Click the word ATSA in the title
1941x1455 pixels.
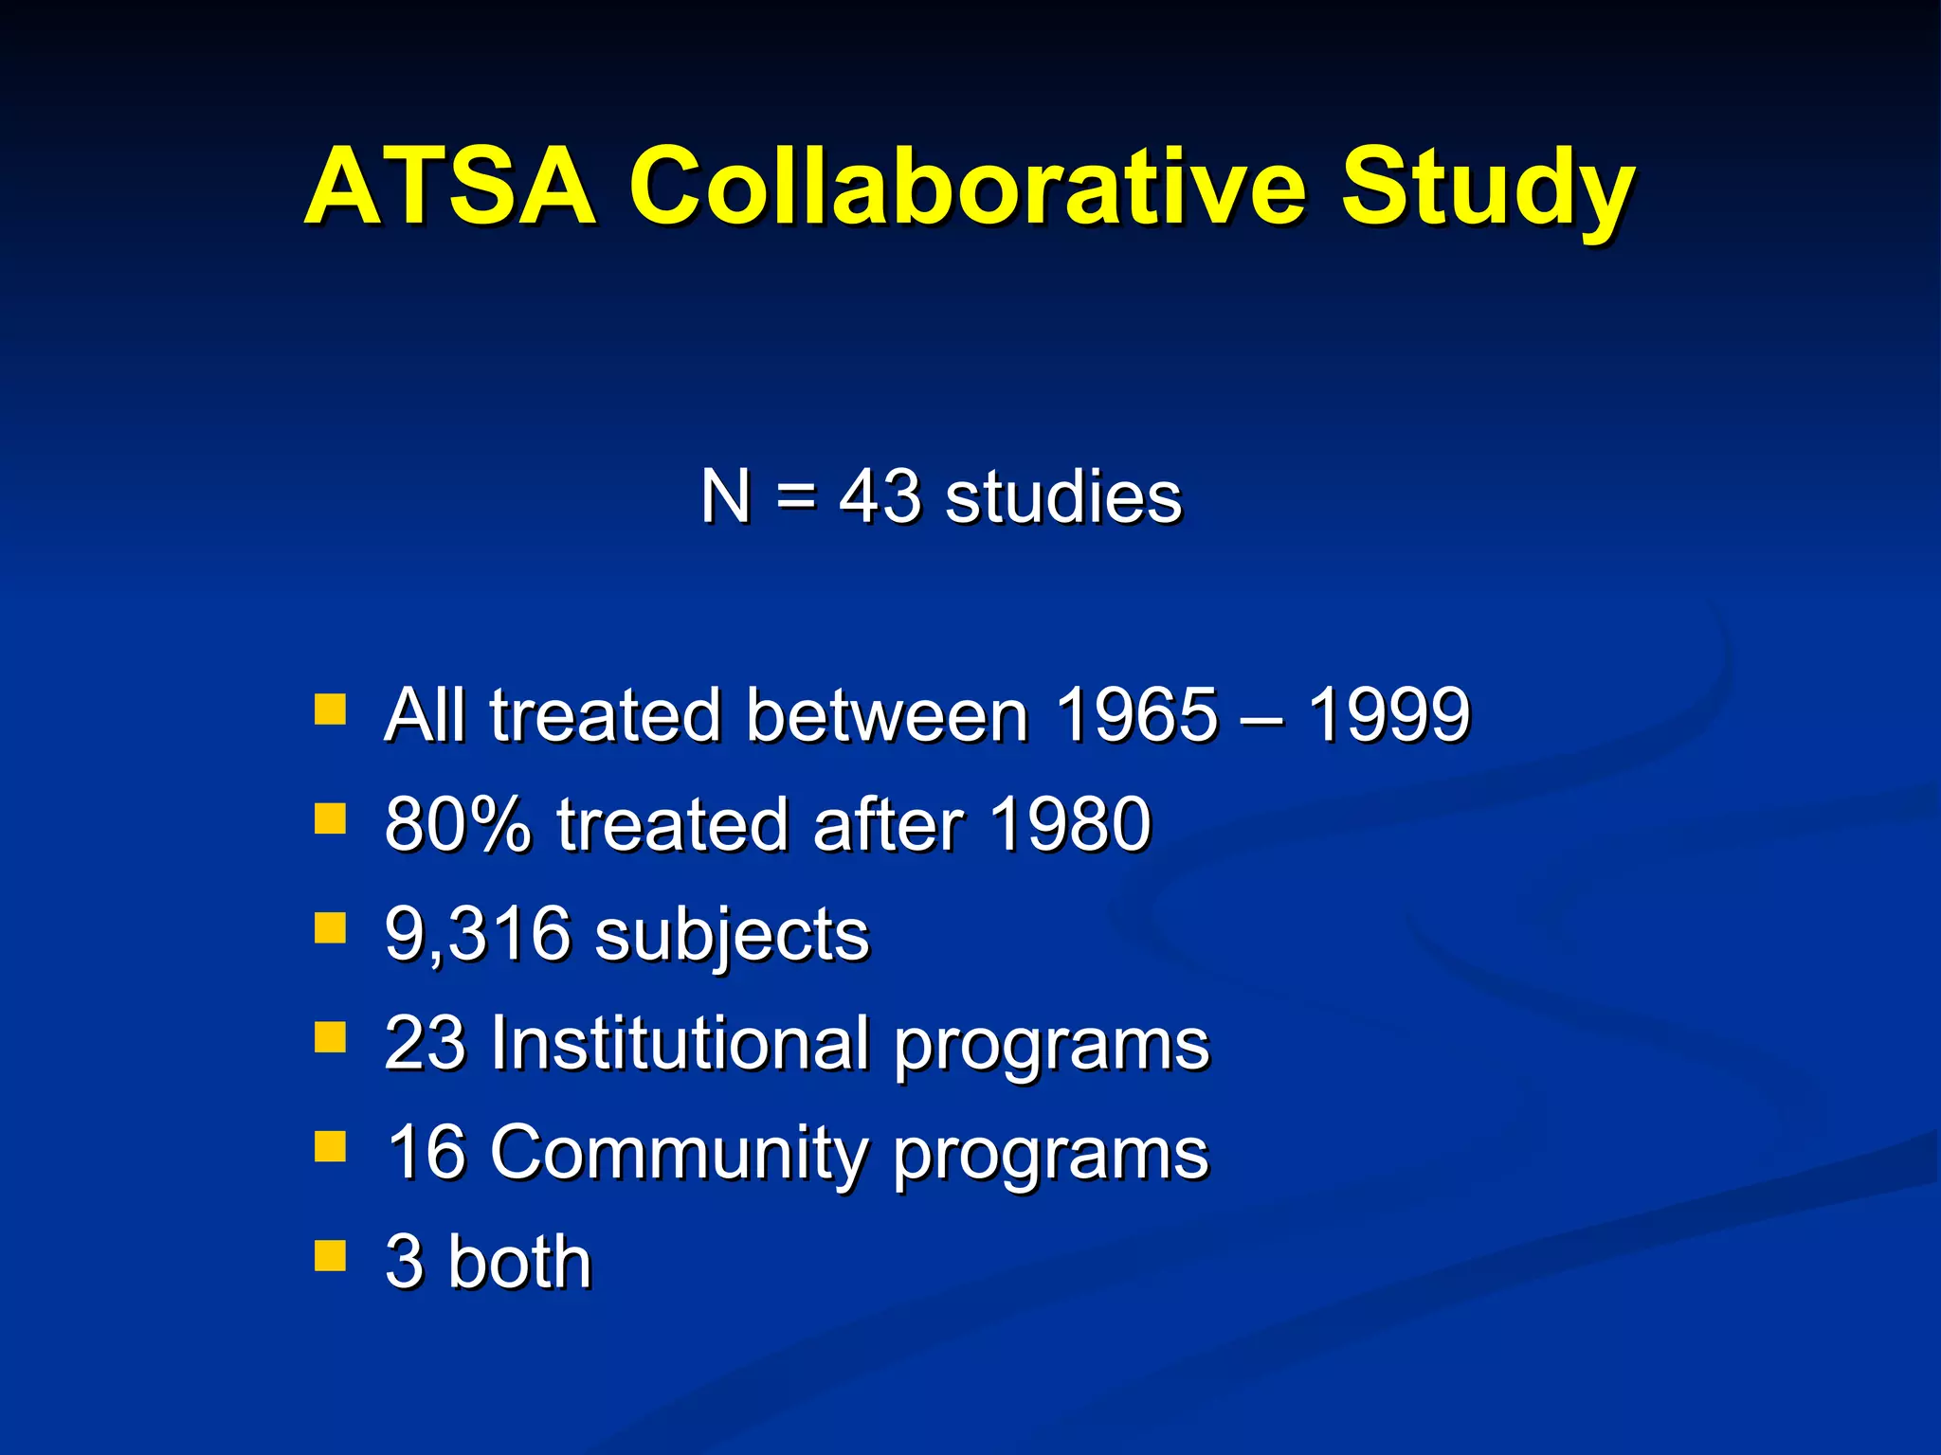451,187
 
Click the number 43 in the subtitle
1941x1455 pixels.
879,497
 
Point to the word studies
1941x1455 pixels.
1063,497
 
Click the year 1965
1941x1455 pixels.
1136,715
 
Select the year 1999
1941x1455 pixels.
1389,715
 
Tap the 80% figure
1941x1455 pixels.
458,824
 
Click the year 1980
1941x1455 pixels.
1070,824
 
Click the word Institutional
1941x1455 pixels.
680,1043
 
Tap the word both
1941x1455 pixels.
519,1262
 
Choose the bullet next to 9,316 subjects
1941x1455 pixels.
330,928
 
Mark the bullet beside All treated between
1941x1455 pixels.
330,710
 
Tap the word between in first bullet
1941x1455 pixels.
887,715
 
